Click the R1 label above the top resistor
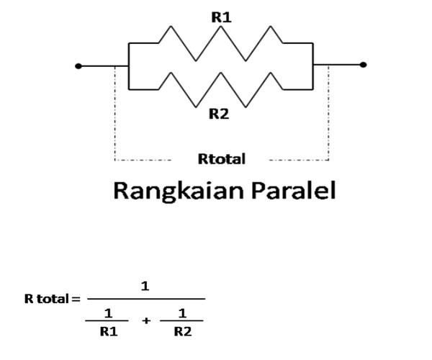221,17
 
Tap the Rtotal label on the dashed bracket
222,158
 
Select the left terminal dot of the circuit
78,66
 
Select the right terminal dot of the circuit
363,65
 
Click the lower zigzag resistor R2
220,89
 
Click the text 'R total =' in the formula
52,298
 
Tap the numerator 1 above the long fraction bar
145,286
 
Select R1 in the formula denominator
109,332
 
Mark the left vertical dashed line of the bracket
114,115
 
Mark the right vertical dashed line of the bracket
329,115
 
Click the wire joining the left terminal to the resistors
103,66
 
